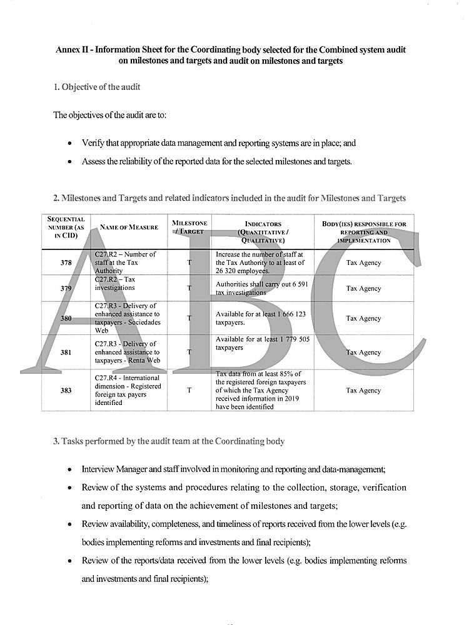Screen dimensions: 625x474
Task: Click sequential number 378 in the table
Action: click(x=66, y=263)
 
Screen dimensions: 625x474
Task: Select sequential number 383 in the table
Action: click(x=66, y=391)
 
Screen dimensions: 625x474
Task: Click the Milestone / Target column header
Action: click(x=189, y=227)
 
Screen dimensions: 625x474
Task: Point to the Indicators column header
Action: click(x=263, y=231)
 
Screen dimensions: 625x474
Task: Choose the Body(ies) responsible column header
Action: click(x=363, y=231)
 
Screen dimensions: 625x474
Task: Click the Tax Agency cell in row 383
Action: click(x=363, y=391)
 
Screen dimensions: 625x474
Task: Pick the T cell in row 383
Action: click(x=189, y=391)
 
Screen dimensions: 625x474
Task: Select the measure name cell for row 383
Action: click(x=128, y=391)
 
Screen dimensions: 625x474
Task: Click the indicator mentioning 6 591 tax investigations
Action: click(x=261, y=288)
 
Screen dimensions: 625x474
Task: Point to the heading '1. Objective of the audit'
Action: click(x=96, y=87)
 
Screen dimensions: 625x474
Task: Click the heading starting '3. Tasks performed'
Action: click(x=168, y=441)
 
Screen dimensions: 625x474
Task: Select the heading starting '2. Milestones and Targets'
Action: click(x=229, y=198)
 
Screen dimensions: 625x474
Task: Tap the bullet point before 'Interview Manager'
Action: click(x=69, y=469)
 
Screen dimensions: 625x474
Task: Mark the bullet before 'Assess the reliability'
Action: click(x=69, y=162)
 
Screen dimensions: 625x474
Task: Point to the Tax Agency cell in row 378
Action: click(x=363, y=263)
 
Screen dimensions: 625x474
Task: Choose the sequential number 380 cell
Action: click(x=66, y=318)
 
